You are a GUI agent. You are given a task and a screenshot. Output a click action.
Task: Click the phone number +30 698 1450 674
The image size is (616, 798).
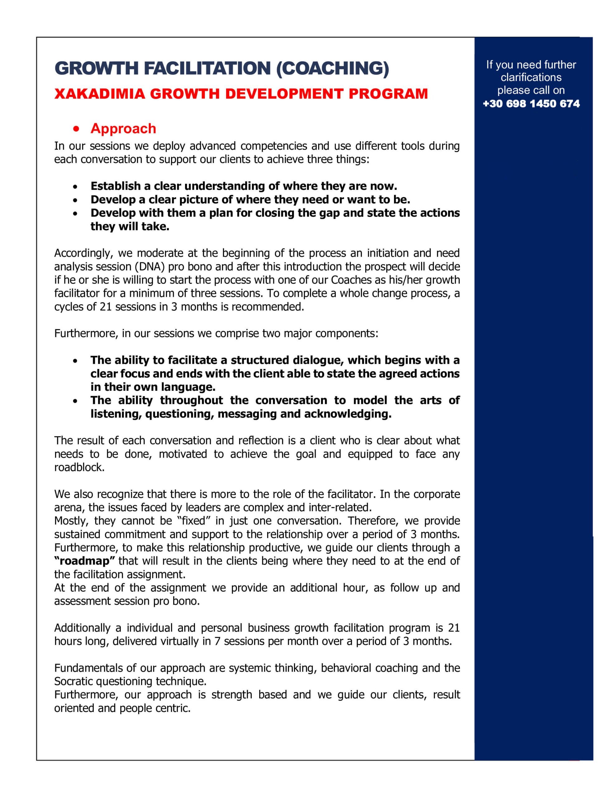click(x=531, y=104)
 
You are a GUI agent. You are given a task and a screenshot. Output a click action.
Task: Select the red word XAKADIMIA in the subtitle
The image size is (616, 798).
click(x=99, y=94)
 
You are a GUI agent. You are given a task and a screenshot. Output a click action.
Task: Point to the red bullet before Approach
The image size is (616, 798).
click(x=76, y=129)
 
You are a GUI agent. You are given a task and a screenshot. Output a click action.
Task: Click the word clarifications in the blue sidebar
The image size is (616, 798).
click(x=531, y=77)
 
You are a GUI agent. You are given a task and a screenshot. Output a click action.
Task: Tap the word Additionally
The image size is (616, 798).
click(x=82, y=628)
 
